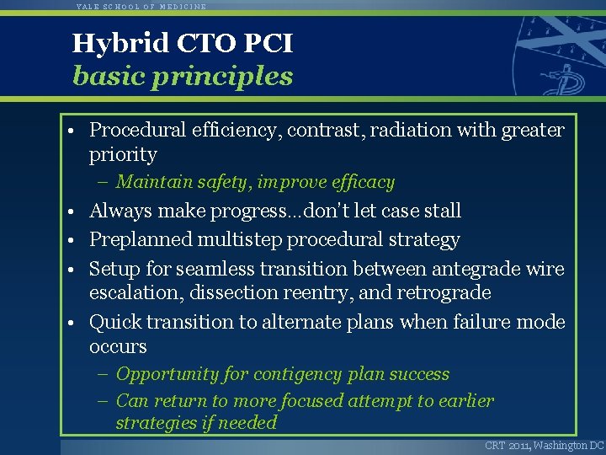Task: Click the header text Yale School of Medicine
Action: click(x=141, y=6)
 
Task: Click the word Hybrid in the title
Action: click(x=109, y=43)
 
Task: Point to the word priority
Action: click(x=123, y=155)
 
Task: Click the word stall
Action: click(x=444, y=211)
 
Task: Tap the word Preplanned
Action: click(x=141, y=240)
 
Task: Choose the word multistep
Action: click(x=240, y=240)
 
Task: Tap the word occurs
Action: click(x=118, y=347)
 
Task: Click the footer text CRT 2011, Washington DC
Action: click(x=544, y=445)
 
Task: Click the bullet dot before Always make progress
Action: click(x=76, y=211)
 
